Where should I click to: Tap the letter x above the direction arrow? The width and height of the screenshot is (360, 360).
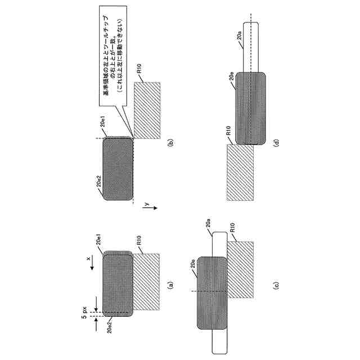[x=88, y=260]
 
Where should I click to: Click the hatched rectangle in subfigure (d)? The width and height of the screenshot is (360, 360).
[x=240, y=172]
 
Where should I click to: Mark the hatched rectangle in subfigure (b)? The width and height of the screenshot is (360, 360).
[x=148, y=110]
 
